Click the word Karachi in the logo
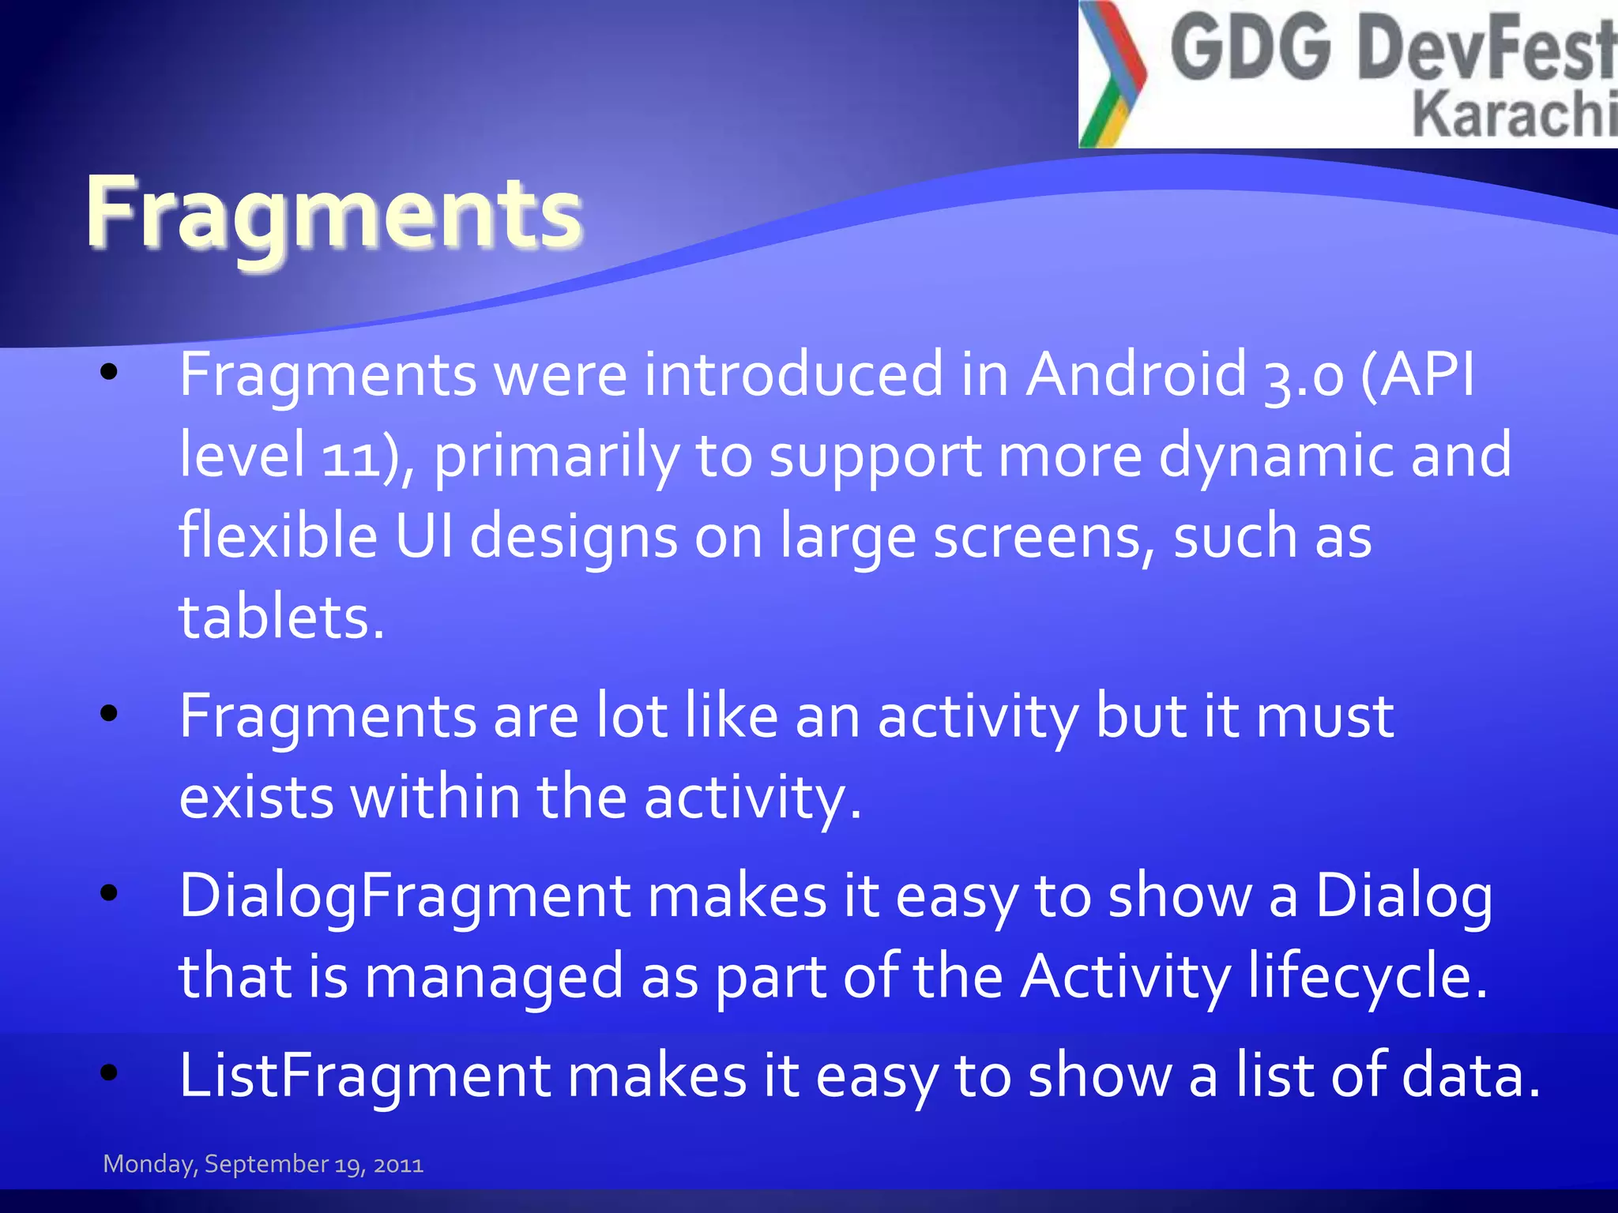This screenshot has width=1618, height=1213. pyautogui.click(x=1513, y=115)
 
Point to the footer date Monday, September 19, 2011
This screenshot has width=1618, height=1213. pyautogui.click(x=263, y=1164)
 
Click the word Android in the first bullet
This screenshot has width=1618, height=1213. pyautogui.click(x=1136, y=374)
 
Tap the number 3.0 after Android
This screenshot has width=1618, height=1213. pyautogui.click(x=1304, y=375)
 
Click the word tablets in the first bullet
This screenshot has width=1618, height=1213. pyautogui.click(x=280, y=618)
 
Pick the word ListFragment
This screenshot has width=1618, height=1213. pyautogui.click(x=365, y=1076)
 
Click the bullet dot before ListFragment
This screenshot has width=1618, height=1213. pyautogui.click(x=109, y=1072)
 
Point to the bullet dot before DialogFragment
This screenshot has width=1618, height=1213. pyautogui.click(x=109, y=893)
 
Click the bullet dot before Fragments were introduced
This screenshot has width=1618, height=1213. pyautogui.click(x=109, y=371)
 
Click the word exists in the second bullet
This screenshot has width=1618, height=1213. pyautogui.click(x=256, y=798)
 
